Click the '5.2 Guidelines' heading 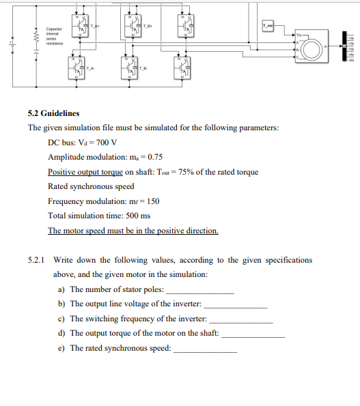click(x=53, y=113)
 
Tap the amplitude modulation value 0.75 click(x=154, y=157)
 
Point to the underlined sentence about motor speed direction click(x=133, y=231)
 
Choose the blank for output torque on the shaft click(x=253, y=334)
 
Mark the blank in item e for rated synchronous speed click(x=206, y=349)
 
